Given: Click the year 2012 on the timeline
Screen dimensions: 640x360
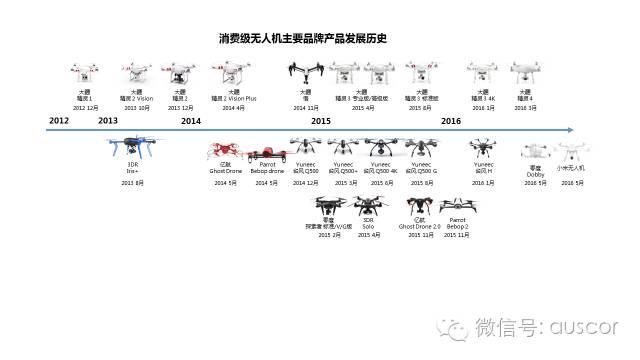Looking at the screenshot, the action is click(59, 120).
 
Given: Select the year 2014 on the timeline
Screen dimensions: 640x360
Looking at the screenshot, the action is click(191, 120).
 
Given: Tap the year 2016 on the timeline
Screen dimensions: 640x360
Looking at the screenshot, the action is click(451, 120).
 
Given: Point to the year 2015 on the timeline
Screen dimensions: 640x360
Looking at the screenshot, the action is click(321, 120).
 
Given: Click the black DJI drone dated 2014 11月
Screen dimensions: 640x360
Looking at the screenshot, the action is click(304, 73).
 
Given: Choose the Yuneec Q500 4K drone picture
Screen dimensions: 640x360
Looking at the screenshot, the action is click(381, 148).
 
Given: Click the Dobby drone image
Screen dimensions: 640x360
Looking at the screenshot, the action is click(530, 154).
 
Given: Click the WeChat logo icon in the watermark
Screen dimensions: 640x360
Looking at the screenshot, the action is click(459, 328).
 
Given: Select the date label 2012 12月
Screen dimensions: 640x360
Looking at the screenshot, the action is click(85, 107).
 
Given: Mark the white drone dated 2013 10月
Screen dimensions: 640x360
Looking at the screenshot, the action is click(129, 73).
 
